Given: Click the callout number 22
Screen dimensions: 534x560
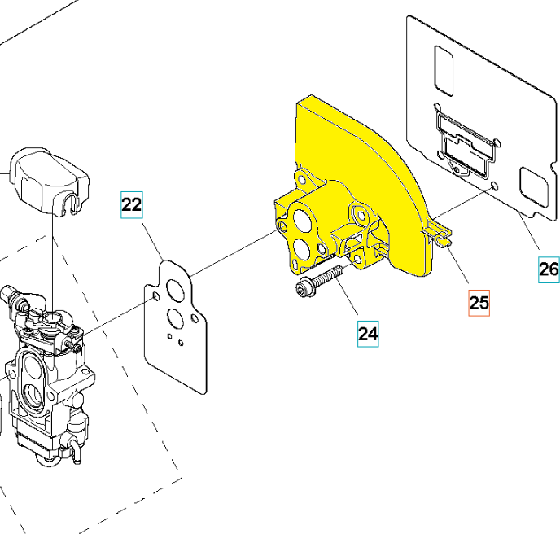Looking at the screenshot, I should tap(132, 204).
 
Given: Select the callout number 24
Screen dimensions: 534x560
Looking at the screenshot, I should tap(368, 334).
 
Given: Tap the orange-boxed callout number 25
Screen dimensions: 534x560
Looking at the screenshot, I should tap(479, 303).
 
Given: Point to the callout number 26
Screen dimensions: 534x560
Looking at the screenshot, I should tap(549, 269).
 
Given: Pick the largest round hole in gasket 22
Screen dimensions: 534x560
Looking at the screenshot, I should tap(173, 290).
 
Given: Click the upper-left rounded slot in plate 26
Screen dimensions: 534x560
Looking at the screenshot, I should tap(443, 68).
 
